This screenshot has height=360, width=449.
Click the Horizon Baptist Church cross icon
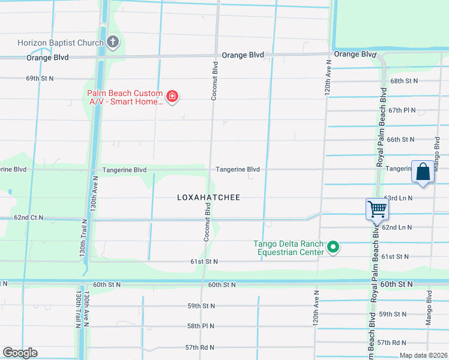pos(112,41)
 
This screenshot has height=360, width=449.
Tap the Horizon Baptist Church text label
pos(60,43)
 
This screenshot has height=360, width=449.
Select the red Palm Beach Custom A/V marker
pos(172,97)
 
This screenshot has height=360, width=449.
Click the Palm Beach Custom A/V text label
pos(125,97)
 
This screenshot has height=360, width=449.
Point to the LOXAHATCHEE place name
pos(208,197)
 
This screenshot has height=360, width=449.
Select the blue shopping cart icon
pos(377,210)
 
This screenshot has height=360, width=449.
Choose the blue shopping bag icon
pos(423,172)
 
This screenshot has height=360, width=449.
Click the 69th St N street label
pos(40,79)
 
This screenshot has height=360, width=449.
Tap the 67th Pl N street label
pos(402,110)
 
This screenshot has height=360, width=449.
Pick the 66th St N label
pos(400,139)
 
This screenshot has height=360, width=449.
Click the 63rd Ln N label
pos(399,197)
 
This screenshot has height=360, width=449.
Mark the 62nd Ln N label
pos(397,227)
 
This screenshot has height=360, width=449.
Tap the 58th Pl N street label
pos(201,326)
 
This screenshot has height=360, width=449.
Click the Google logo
pos(20,353)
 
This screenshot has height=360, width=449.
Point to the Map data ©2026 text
pos(423,355)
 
